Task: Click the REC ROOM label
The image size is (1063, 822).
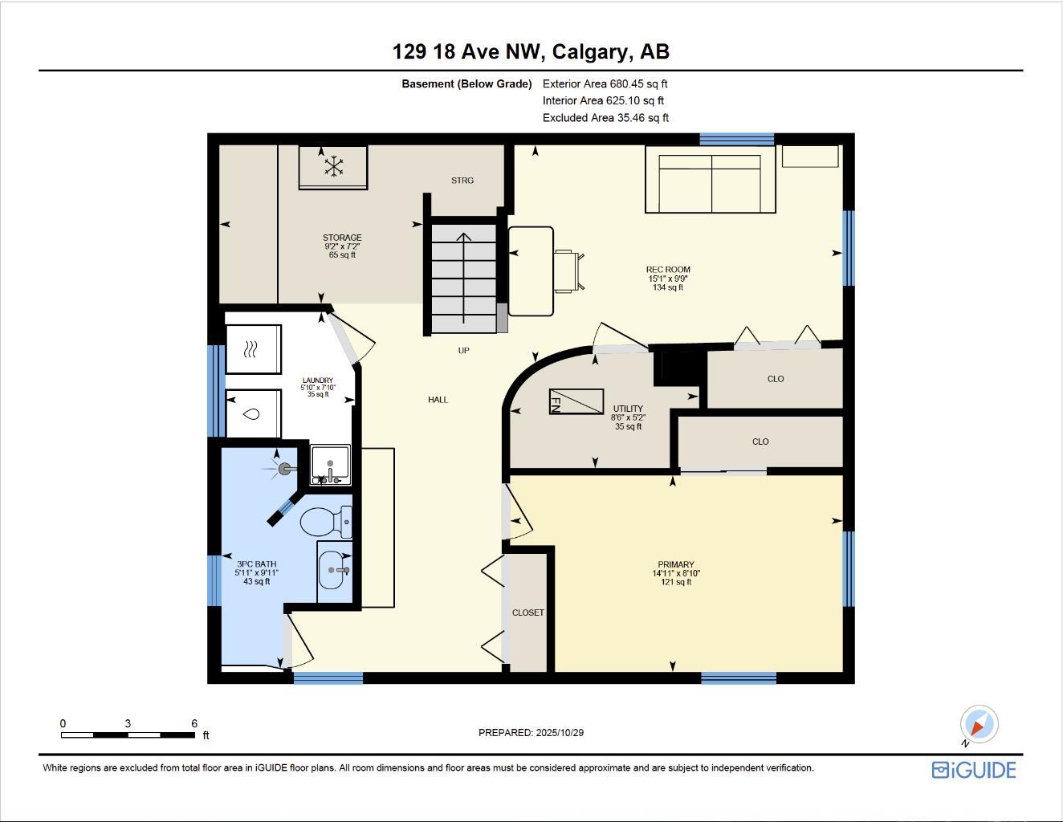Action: point(667,271)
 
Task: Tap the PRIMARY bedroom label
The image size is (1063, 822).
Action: point(674,565)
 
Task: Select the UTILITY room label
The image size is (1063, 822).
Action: point(628,409)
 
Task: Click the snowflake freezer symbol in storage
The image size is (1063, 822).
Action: point(333,167)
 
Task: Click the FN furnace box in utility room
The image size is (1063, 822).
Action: point(576,401)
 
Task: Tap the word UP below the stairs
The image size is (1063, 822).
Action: point(463,351)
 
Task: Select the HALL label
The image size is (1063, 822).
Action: point(438,400)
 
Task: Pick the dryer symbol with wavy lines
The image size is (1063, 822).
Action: point(253,349)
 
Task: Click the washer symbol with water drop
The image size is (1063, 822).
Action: point(253,414)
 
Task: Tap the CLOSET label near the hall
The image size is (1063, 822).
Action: point(527,612)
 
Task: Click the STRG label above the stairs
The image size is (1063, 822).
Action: point(462,181)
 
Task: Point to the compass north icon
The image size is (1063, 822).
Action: point(978,725)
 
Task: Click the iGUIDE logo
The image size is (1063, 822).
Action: point(974,770)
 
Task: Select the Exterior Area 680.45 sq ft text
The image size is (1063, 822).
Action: point(605,83)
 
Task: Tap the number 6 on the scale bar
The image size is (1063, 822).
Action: point(194,724)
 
